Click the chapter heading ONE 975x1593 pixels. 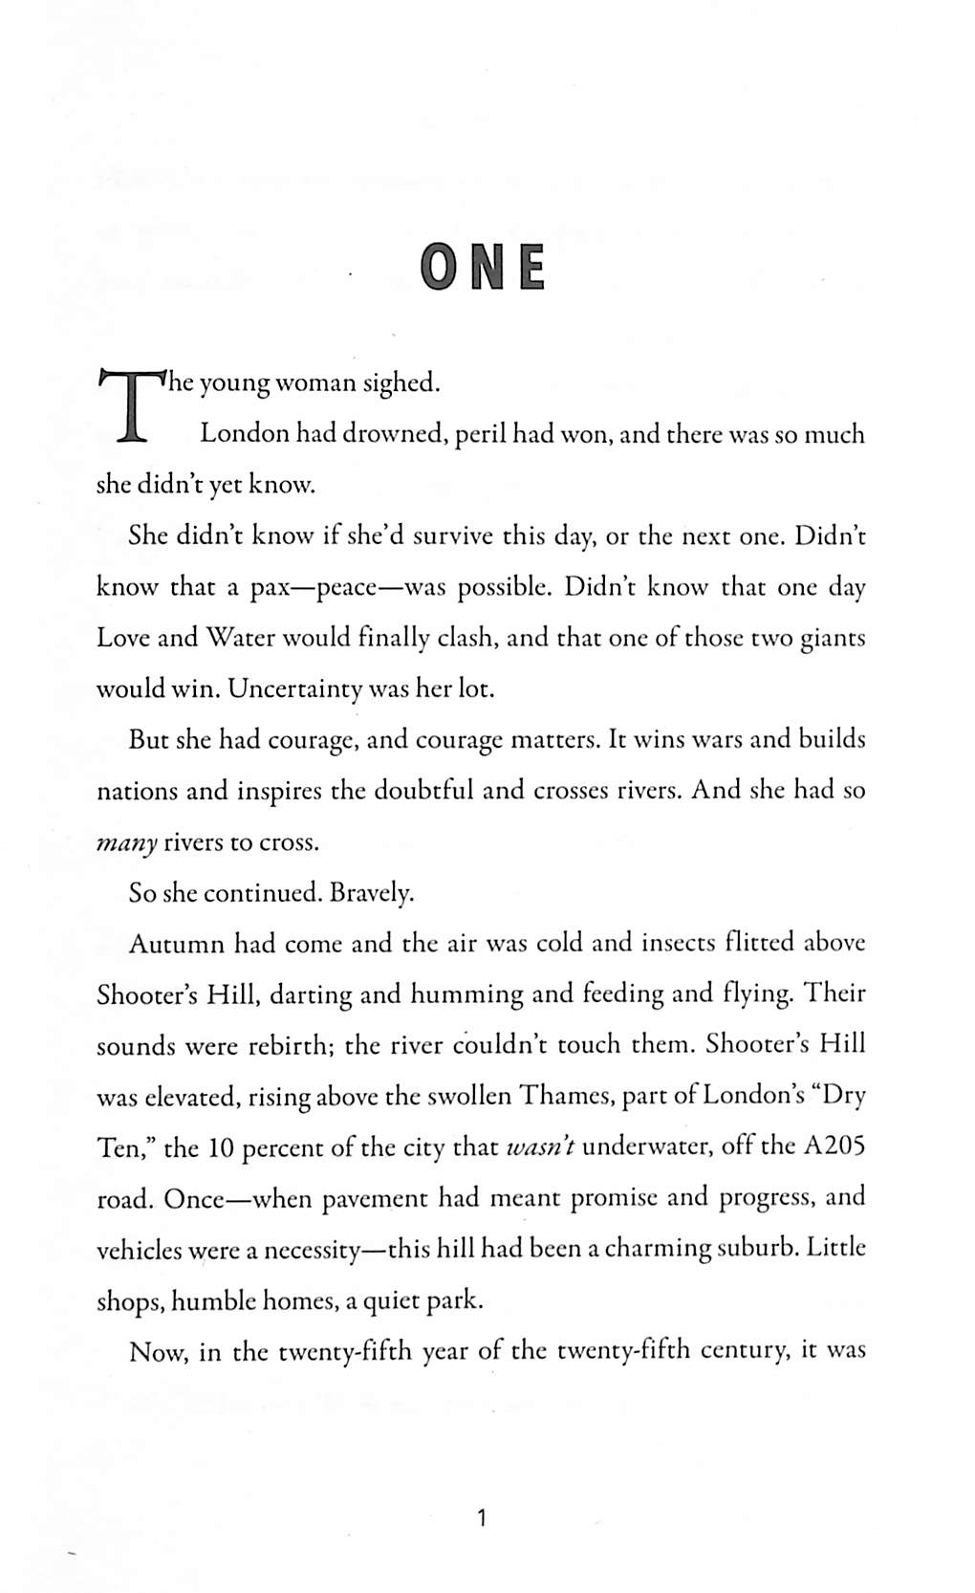[484, 269]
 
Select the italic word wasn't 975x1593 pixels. [539, 1146]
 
